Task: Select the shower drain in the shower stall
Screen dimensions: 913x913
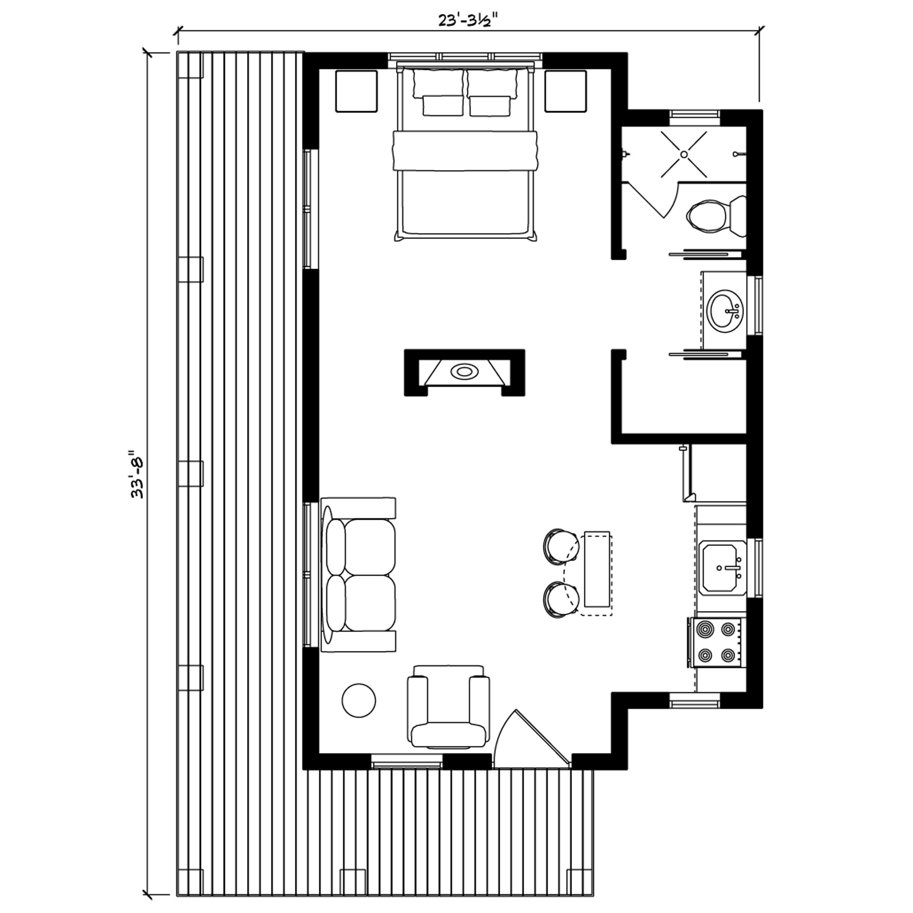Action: click(x=684, y=154)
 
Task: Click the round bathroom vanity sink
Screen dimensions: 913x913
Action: click(x=724, y=312)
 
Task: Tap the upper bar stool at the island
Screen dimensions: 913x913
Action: click(x=560, y=545)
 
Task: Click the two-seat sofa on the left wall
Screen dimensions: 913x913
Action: click(x=358, y=575)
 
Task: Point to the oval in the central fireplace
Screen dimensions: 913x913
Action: click(x=464, y=371)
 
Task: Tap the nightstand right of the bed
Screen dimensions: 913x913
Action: click(x=566, y=91)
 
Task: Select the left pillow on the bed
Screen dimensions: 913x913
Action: click(x=439, y=84)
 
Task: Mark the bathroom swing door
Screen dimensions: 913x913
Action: click(x=654, y=198)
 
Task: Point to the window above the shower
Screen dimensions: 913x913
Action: click(x=695, y=115)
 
